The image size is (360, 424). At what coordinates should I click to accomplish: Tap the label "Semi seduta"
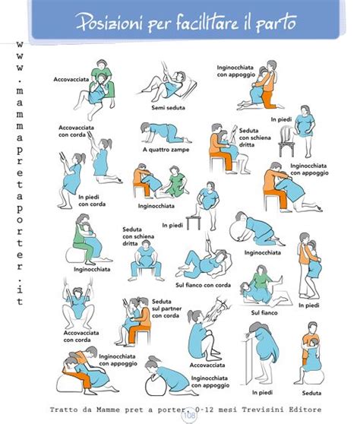click(168, 108)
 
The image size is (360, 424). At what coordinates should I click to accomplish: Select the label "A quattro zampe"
click(166, 150)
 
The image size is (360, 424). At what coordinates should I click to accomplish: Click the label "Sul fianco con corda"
click(203, 285)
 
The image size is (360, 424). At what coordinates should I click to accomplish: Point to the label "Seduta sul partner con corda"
click(166, 309)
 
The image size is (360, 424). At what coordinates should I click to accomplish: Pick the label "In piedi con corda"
click(92, 201)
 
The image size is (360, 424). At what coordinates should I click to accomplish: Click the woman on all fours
click(166, 133)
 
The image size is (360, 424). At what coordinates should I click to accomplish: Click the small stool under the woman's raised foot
click(193, 223)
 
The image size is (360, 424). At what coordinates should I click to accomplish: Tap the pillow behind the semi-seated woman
click(188, 87)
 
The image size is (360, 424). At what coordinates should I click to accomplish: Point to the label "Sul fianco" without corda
click(264, 313)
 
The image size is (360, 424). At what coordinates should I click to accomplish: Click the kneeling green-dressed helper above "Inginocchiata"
click(177, 181)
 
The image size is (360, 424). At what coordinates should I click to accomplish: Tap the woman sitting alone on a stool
click(146, 261)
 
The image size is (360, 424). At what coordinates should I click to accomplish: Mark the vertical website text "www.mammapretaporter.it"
click(19, 173)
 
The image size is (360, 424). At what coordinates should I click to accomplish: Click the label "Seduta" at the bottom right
click(311, 393)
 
